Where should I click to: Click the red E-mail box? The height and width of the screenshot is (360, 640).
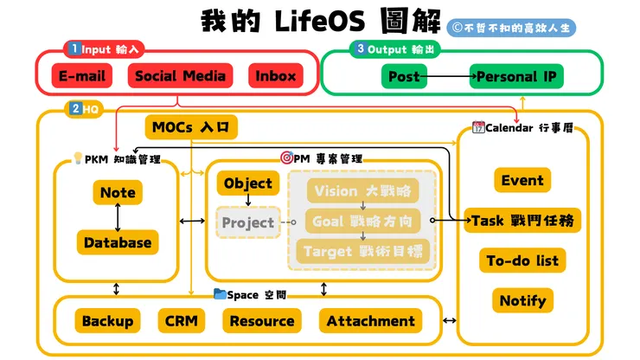[x=82, y=76]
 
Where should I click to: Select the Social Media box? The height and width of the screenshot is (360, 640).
[x=181, y=76]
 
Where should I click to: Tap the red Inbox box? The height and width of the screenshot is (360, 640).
[x=276, y=76]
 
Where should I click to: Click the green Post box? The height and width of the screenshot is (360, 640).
[x=404, y=76]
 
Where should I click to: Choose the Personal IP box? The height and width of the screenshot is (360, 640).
[x=517, y=76]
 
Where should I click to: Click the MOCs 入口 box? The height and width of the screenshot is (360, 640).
[x=191, y=127]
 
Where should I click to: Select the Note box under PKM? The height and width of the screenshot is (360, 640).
[x=118, y=192]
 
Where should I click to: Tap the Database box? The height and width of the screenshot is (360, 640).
[x=118, y=242]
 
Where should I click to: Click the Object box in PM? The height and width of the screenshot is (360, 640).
[x=248, y=183]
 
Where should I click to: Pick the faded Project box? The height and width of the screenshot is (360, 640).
[x=247, y=222]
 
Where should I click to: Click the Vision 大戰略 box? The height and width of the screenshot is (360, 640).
[x=362, y=190]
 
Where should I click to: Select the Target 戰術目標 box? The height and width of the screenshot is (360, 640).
[x=362, y=251]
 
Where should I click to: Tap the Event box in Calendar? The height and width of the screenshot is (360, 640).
[x=522, y=180]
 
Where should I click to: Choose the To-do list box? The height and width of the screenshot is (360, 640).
[x=522, y=260]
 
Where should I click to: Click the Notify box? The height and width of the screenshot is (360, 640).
[x=522, y=300]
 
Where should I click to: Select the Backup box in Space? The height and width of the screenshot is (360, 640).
[x=108, y=321]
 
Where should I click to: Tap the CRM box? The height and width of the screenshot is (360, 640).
[x=182, y=321]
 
